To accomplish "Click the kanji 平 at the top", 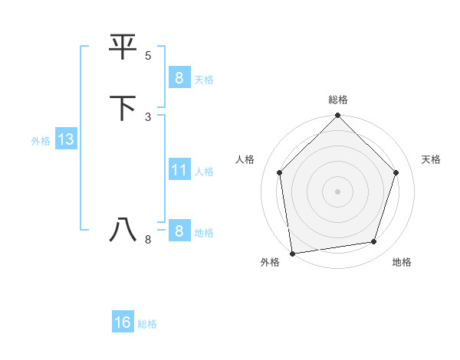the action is pyautogui.click(x=123, y=47).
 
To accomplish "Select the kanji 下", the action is pyautogui.click(x=123, y=108).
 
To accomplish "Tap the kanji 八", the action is pyautogui.click(x=123, y=230).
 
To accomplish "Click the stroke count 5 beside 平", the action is pyautogui.click(x=148, y=56).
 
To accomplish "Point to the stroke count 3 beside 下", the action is pyautogui.click(x=148, y=116).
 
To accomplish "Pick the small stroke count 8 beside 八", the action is pyautogui.click(x=148, y=240).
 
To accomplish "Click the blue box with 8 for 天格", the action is pyautogui.click(x=179, y=77).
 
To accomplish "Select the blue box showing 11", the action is pyautogui.click(x=179, y=170).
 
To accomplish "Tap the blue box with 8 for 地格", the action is pyautogui.click(x=179, y=231).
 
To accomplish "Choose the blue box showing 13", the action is pyautogui.click(x=65, y=139).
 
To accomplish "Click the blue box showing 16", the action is pyautogui.click(x=123, y=322).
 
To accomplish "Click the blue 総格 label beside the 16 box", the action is pyautogui.click(x=147, y=324).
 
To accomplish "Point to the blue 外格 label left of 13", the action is pyautogui.click(x=41, y=141).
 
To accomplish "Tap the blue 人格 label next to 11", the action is pyautogui.click(x=204, y=172).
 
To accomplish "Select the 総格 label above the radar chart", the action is pyautogui.click(x=338, y=100).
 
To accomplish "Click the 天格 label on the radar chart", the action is pyautogui.click(x=431, y=159).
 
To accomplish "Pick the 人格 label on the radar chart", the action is pyautogui.click(x=245, y=159).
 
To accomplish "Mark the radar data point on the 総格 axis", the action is pyautogui.click(x=338, y=116).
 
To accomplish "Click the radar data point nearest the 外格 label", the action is pyautogui.click(x=292, y=253).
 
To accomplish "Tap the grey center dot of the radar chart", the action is pyautogui.click(x=338, y=191).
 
